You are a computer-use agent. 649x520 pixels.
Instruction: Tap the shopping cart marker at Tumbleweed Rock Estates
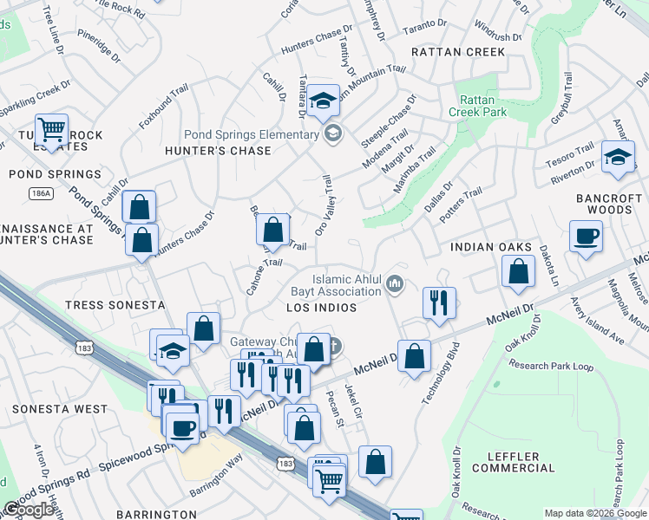(x=52, y=131)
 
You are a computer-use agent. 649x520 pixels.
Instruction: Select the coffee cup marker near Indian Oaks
(x=587, y=235)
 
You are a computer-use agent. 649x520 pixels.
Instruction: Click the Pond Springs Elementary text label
(x=251, y=134)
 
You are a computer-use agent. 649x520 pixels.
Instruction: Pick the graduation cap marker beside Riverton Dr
(x=618, y=157)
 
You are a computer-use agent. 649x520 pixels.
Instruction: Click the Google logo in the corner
(x=28, y=510)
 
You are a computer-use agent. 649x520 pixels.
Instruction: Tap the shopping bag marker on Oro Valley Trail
(x=273, y=230)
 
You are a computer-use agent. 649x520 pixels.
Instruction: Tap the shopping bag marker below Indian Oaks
(x=518, y=271)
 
